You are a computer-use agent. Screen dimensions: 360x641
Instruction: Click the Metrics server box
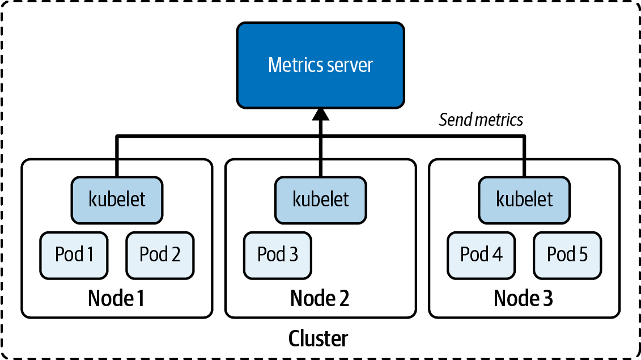[x=320, y=65]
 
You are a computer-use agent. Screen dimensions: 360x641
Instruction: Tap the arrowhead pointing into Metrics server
[x=321, y=115]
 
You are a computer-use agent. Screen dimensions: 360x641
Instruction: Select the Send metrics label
[x=481, y=120]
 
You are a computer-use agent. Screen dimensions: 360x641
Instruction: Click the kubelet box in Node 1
[x=117, y=199]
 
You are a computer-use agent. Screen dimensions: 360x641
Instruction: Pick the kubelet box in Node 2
[x=321, y=199]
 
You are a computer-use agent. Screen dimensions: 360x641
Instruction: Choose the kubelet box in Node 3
[x=524, y=199]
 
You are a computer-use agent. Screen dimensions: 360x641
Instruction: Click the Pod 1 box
[x=74, y=255]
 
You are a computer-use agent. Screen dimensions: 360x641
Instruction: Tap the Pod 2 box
[x=160, y=255]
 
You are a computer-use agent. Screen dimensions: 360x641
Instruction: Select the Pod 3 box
[x=278, y=255]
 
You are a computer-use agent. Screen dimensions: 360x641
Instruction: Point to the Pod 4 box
[x=481, y=255]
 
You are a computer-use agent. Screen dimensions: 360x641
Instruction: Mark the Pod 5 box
[x=567, y=255]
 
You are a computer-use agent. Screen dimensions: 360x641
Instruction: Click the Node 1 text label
[x=116, y=298]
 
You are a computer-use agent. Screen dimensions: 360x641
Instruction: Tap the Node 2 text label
[x=320, y=298]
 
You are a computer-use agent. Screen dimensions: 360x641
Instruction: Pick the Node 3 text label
[x=523, y=298]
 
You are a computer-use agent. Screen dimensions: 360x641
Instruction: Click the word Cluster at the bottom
[x=318, y=338]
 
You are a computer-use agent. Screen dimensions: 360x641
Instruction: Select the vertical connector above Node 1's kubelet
[x=117, y=156]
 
